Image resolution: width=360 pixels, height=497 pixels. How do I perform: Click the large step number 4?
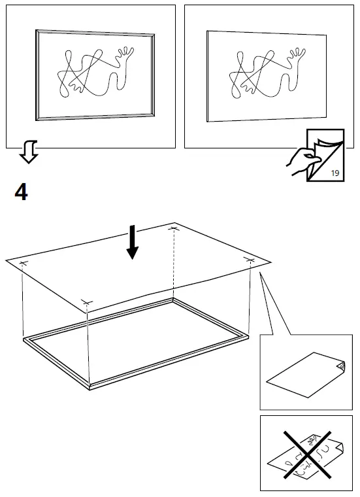21,193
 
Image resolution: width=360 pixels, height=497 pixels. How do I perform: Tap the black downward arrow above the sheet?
133,243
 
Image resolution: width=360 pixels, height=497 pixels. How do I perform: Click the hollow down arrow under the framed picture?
28,152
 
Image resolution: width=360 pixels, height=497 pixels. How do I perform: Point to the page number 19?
335,173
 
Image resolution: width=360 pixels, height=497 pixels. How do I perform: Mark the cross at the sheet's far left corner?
24,264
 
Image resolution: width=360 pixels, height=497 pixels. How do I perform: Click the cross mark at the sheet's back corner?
174,228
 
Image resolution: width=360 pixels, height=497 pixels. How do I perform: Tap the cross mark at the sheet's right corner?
250,260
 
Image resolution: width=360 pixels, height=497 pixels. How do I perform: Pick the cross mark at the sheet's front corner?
88,302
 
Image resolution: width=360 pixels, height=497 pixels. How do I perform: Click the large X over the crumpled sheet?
306,453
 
